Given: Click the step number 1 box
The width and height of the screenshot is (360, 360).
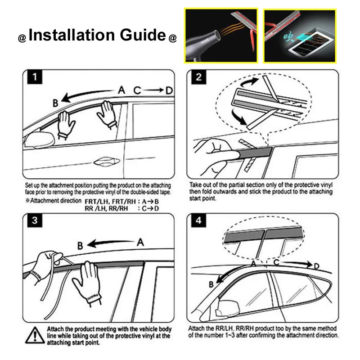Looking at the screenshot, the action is coord(35,77).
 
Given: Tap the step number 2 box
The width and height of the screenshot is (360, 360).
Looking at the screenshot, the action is coord(198,77).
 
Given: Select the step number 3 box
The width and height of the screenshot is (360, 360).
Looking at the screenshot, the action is coord(35,220).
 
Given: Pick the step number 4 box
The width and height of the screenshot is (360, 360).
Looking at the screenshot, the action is coord(198,220).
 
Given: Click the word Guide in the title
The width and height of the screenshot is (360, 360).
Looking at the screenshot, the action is coord(143,35).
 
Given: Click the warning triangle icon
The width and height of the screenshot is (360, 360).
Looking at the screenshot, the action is coord(35,335).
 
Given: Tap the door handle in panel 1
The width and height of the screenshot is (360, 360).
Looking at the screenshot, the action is coord(107,161).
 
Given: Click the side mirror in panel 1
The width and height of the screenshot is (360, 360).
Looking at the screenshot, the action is coord(40,139).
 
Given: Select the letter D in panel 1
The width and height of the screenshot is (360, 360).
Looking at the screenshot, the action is coord(169,90).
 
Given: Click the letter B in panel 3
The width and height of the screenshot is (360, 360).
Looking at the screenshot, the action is coord(80,246).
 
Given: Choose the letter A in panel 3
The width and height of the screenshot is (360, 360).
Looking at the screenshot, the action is coord(140,243).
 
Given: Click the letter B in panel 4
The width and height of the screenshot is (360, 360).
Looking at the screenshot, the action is coord(211,284).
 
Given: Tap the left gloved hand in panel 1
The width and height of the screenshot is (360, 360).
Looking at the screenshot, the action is coord(65,124).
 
